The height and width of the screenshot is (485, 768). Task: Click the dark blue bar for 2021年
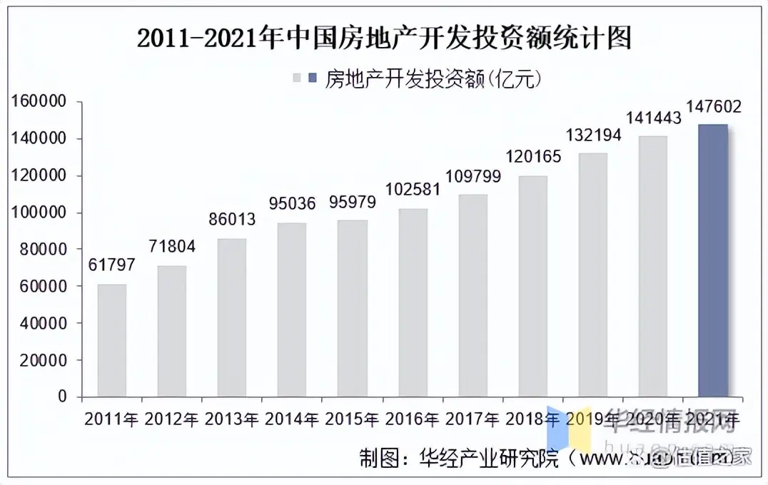click(x=712, y=260)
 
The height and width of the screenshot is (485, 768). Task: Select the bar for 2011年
click(x=112, y=340)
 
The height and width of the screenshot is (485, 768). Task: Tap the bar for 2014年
click(x=292, y=310)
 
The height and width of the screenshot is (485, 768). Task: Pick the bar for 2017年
click(x=472, y=295)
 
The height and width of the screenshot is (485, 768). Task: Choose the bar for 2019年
click(x=592, y=275)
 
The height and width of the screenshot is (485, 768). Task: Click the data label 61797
click(x=112, y=265)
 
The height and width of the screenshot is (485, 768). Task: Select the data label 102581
click(x=412, y=190)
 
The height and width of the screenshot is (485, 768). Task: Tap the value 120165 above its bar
click(x=532, y=156)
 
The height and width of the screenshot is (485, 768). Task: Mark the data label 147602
click(x=712, y=107)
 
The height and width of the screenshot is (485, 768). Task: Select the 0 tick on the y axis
click(x=62, y=397)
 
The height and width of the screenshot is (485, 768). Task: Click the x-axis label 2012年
click(x=171, y=419)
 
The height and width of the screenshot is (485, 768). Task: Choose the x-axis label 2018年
click(x=532, y=419)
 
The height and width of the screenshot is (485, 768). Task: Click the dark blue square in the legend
click(x=313, y=78)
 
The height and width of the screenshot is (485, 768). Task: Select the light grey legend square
click(x=298, y=78)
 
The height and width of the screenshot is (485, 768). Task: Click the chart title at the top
click(x=384, y=38)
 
